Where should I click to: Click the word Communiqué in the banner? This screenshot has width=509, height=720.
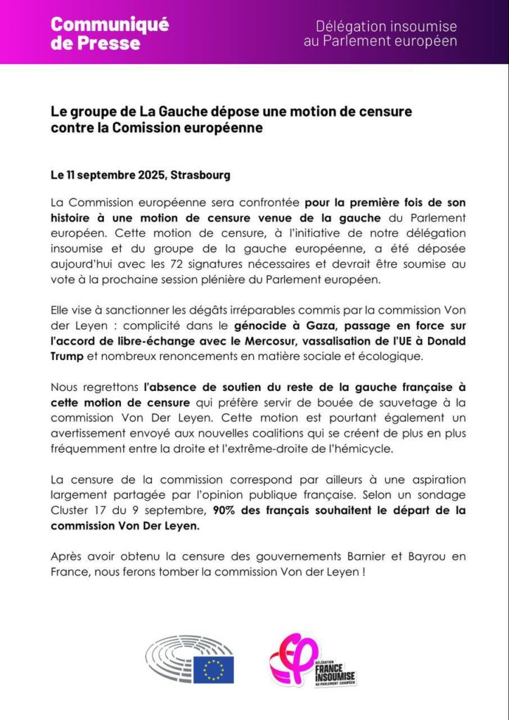109,25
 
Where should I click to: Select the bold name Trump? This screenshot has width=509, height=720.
68,356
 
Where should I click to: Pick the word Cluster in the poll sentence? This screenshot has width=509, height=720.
70,510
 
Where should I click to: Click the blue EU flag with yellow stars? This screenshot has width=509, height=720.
213,670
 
